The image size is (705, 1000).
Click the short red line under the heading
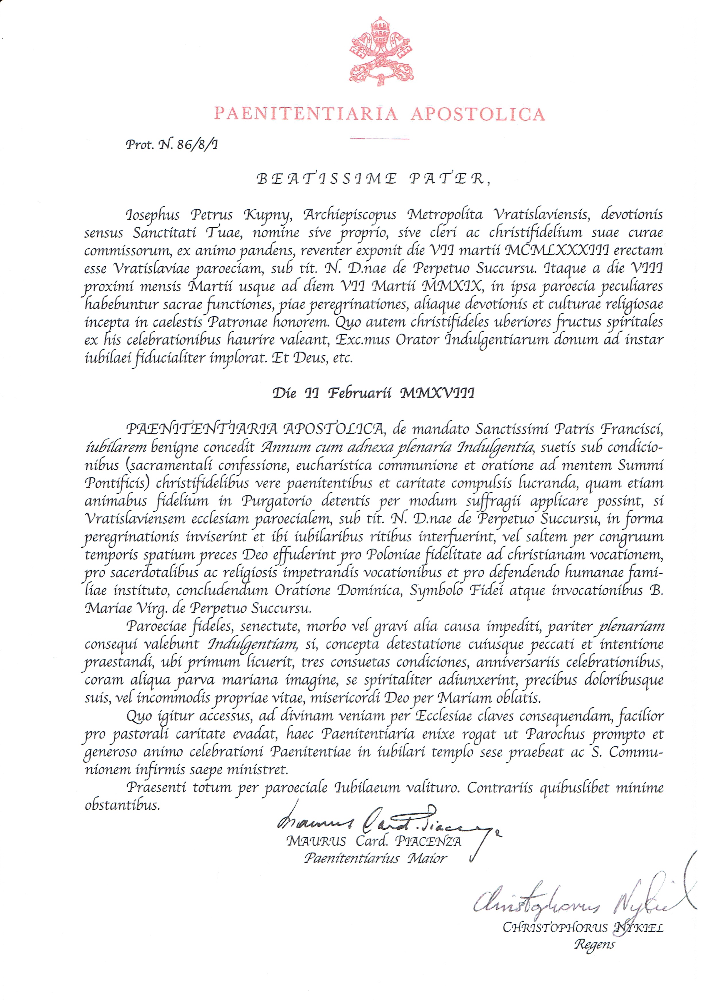coord(380,139)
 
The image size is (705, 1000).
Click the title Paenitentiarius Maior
coord(375,858)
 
